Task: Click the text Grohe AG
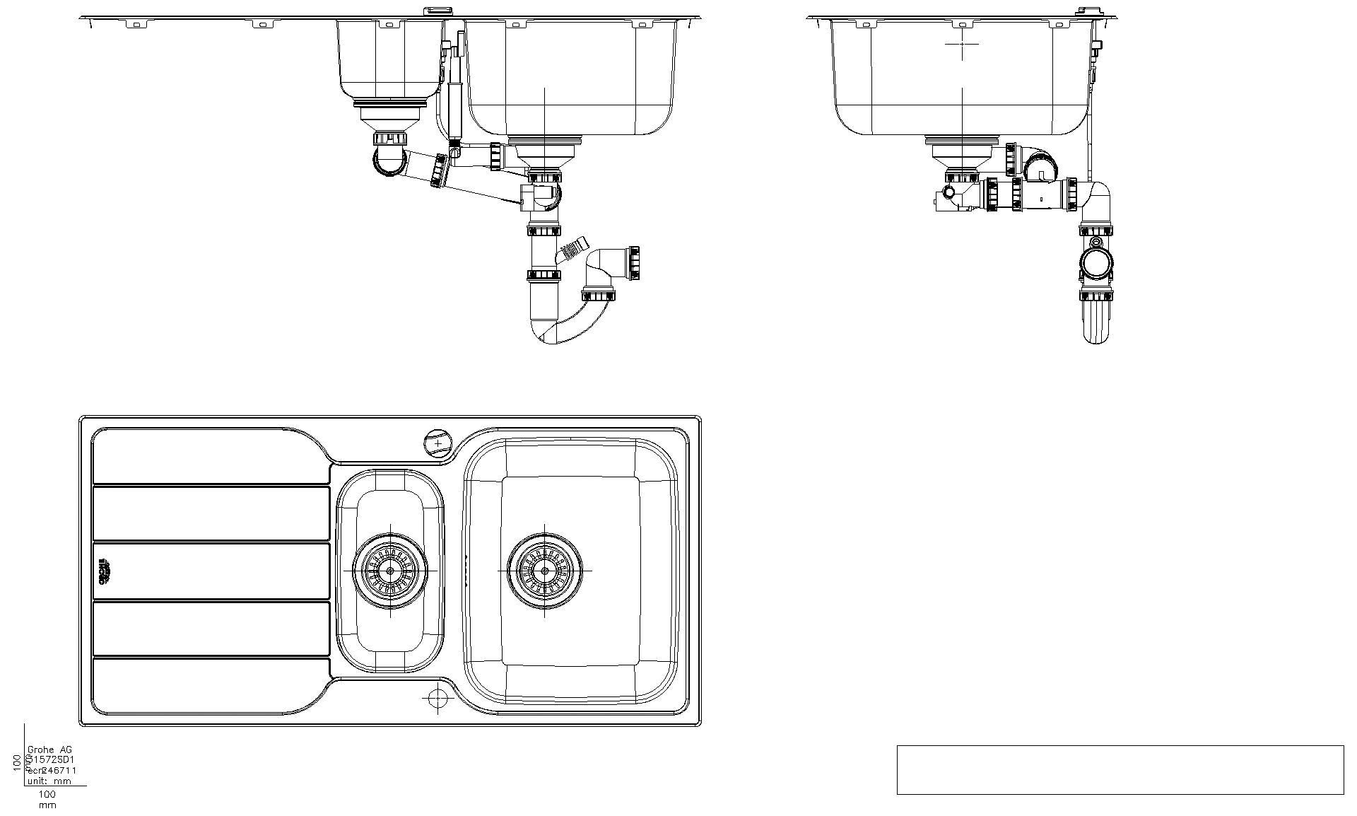49,750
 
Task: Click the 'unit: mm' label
49,781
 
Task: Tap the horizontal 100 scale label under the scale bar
47,794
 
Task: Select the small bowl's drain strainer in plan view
390,569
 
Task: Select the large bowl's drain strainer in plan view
545,570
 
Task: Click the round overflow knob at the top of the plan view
437,443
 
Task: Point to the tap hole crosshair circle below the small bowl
437,698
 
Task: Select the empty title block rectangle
1120,769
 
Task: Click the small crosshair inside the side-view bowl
962,43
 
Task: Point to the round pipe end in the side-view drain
1095,264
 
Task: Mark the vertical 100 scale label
17,762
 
